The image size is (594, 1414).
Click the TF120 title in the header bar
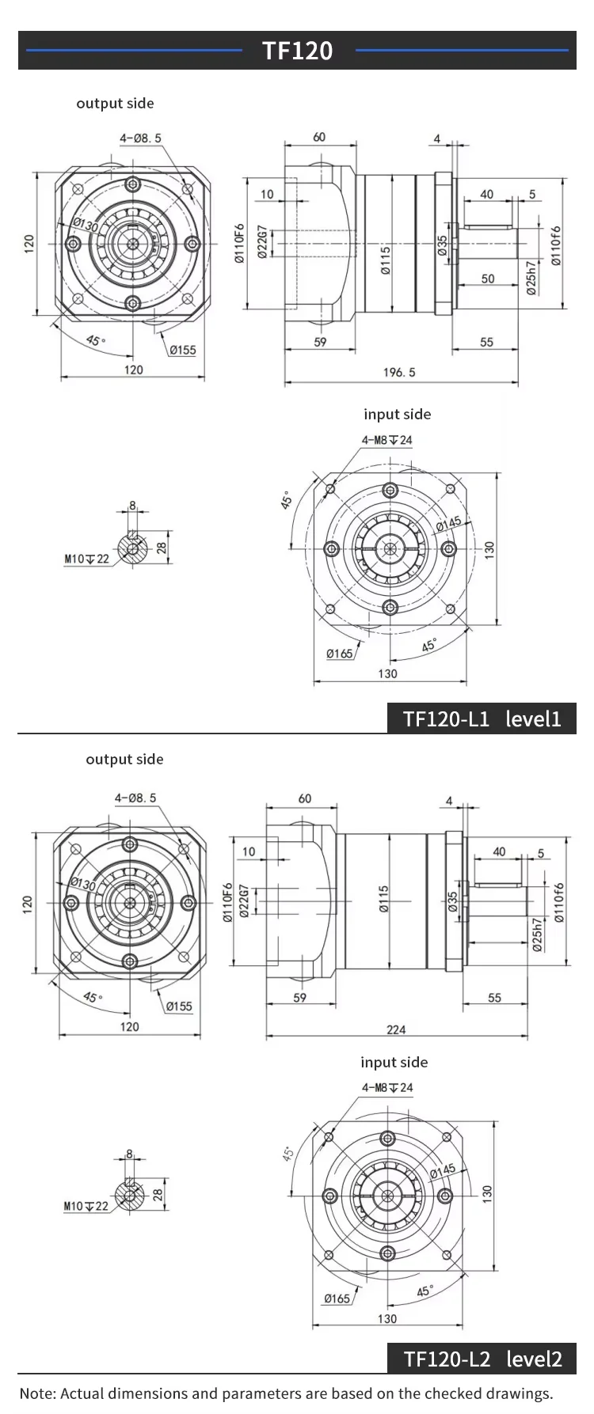click(x=297, y=51)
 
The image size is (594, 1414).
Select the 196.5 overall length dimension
click(x=399, y=372)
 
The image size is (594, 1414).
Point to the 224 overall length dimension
click(x=396, y=1029)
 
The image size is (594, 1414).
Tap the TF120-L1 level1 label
click(x=482, y=718)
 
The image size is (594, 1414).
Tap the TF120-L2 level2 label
click(x=482, y=1359)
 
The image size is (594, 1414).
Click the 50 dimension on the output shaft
click(x=487, y=279)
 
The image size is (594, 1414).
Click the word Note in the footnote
click(x=36, y=1393)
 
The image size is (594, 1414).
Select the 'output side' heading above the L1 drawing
click(x=115, y=103)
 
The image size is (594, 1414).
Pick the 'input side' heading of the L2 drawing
click(x=394, y=1062)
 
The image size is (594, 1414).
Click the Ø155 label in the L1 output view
click(x=181, y=350)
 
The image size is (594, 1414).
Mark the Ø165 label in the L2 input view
click(x=337, y=1298)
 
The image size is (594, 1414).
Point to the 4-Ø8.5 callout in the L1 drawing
click(x=140, y=138)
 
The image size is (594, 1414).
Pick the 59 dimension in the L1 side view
click(x=319, y=342)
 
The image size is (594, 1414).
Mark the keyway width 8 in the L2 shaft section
click(x=130, y=1154)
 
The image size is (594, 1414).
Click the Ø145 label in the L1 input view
click(x=448, y=524)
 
